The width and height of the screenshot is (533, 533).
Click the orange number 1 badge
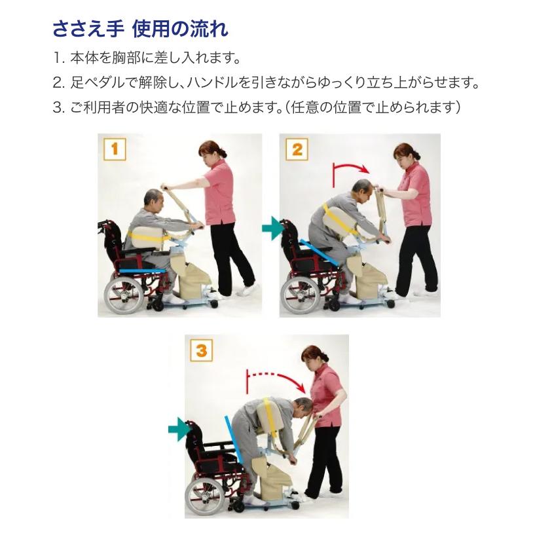click(115, 149)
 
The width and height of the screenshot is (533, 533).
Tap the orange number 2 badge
click(297, 149)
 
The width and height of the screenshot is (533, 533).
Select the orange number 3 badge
click(201, 350)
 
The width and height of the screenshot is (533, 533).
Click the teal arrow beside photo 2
click(272, 229)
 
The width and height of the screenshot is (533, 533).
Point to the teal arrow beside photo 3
click(179, 430)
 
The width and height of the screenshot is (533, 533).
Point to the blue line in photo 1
click(143, 271)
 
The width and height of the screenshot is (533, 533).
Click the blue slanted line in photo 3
click(233, 439)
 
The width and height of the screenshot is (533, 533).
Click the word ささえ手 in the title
click(88, 29)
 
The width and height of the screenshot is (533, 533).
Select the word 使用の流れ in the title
click(180, 29)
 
